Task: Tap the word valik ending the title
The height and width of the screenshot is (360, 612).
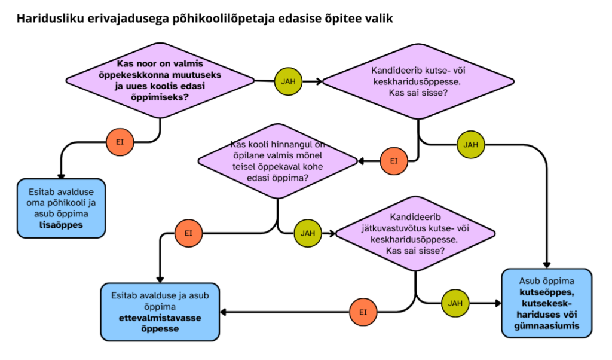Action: click(x=378, y=19)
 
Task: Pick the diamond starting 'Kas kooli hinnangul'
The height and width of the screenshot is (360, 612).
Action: click(x=277, y=161)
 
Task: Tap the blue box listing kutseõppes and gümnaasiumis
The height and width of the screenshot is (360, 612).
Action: click(x=546, y=303)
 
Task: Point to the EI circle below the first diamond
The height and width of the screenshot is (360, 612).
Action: click(x=120, y=142)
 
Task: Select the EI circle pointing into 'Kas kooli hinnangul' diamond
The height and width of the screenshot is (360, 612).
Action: click(x=394, y=161)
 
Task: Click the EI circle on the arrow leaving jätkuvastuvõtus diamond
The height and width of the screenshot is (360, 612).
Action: click(x=363, y=312)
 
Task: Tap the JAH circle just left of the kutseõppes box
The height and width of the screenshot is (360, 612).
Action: click(x=455, y=303)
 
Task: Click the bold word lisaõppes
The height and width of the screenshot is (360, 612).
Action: click(x=62, y=225)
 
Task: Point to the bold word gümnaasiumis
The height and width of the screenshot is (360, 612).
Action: click(x=547, y=326)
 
